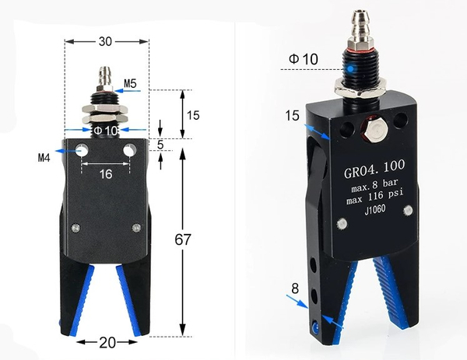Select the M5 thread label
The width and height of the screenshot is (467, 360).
pyautogui.click(x=130, y=82)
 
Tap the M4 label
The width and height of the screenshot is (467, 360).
pyautogui.click(x=44, y=159)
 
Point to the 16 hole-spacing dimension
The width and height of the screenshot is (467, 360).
pyautogui.click(x=105, y=174)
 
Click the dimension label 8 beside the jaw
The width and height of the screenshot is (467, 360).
pyautogui.click(x=296, y=288)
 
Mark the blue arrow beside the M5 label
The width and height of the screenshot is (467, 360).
pyautogui.click(x=130, y=92)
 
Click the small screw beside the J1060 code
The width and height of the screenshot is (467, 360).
pyautogui.click(x=341, y=225)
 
